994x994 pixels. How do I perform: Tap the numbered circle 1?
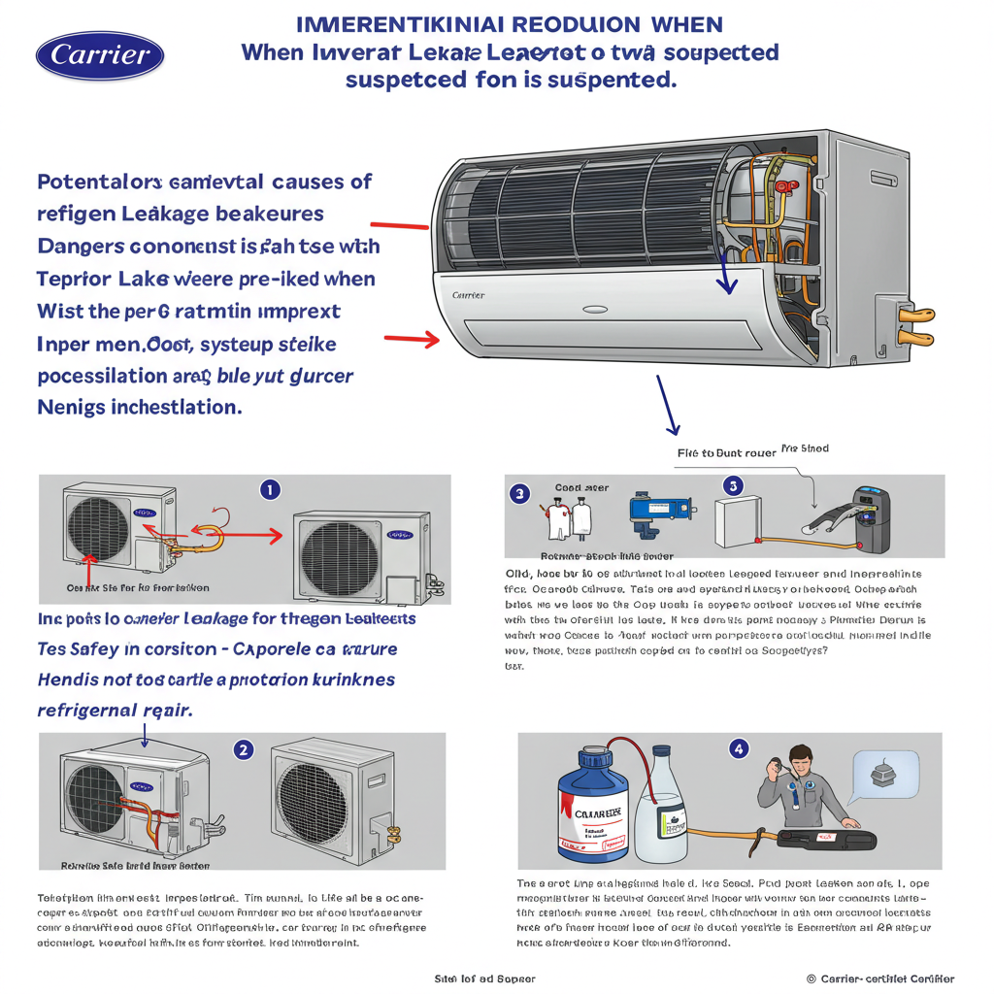(x=271, y=489)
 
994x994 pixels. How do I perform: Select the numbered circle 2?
(x=245, y=748)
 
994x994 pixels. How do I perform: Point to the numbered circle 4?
(x=740, y=748)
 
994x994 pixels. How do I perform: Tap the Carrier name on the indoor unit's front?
(x=469, y=293)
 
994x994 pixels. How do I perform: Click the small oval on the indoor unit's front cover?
(x=595, y=311)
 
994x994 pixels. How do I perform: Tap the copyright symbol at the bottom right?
(x=811, y=979)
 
